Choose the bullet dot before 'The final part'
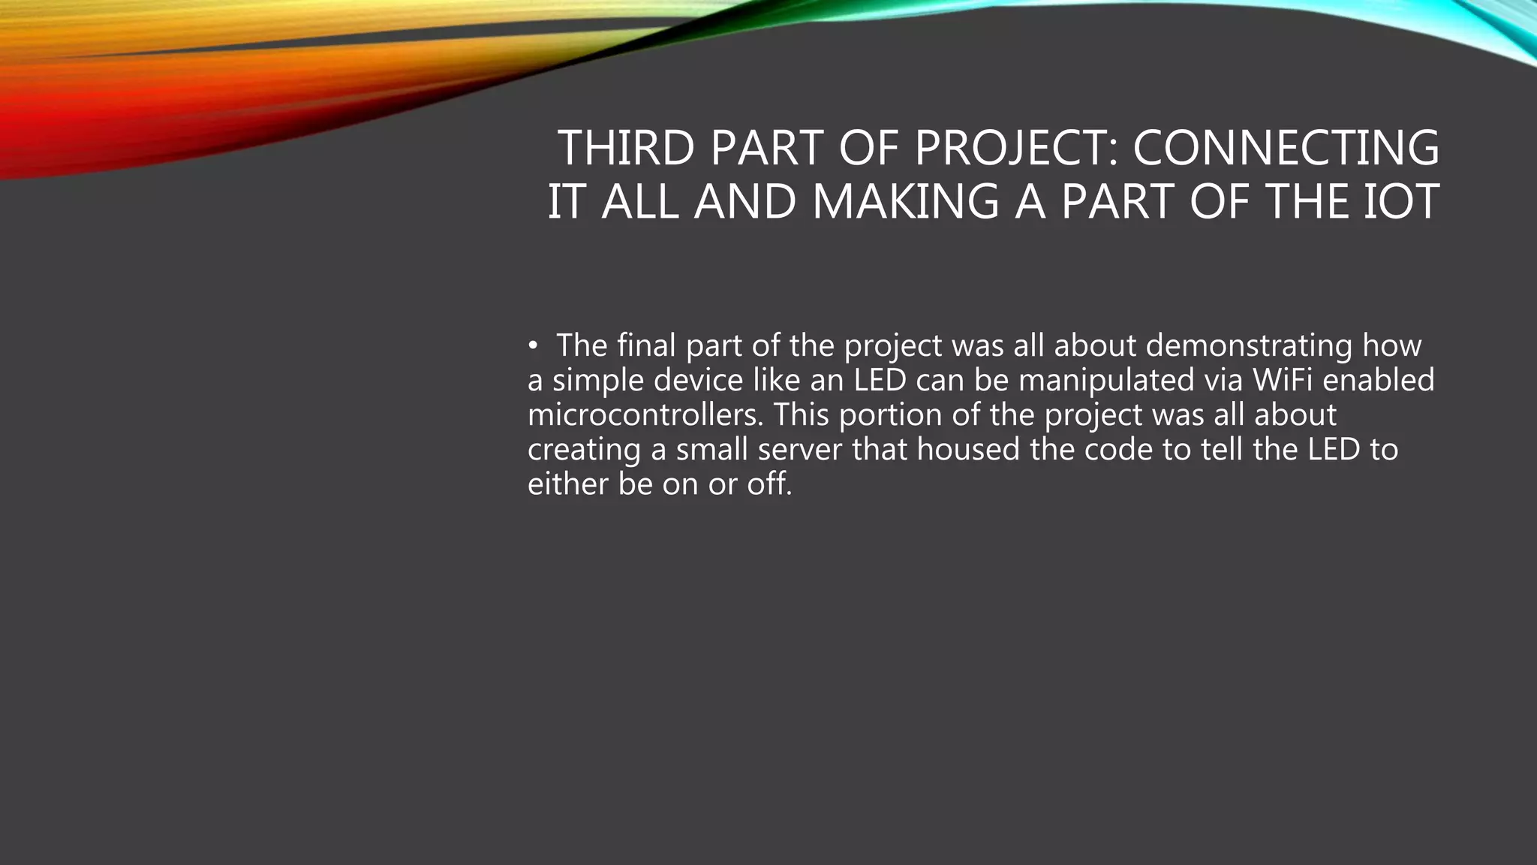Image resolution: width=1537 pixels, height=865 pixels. (532, 346)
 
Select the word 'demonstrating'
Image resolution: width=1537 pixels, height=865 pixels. (1249, 346)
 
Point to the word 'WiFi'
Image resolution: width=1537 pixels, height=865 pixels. (1283, 381)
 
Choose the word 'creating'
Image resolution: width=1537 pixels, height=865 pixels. (585, 450)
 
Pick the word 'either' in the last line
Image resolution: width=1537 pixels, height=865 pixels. (568, 484)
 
